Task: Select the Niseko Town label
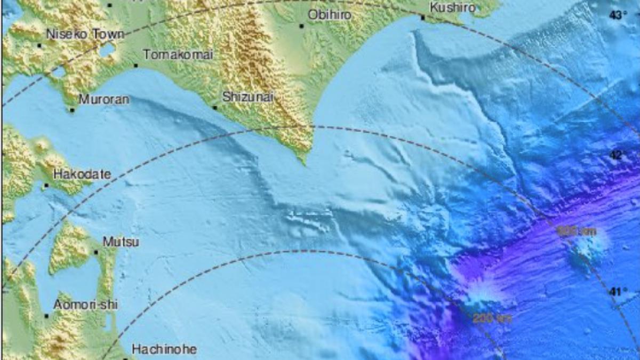[85, 35]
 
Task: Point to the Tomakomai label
[178, 55]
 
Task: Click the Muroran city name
[103, 99]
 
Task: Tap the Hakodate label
[82, 174]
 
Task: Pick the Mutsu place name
[121, 242]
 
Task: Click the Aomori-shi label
[86, 305]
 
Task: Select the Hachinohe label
[164, 350]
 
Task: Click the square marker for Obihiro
[302, 26]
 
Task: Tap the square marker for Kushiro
[423, 18]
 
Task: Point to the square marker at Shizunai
[215, 108]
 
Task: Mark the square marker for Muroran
[72, 110]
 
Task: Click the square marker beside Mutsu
[96, 252]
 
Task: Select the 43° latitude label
[618, 15]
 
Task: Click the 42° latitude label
[618, 155]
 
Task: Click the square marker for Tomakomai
[136, 66]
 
